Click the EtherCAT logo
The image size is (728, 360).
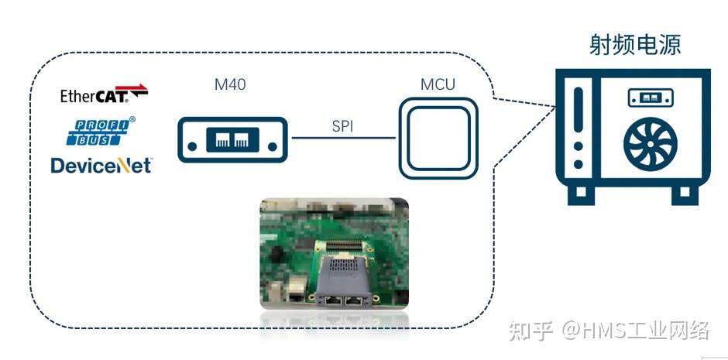coord(104,94)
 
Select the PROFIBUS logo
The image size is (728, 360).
coord(101,131)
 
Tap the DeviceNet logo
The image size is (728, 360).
coord(101,166)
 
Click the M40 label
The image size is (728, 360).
coord(230,84)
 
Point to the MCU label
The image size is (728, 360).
coord(438,84)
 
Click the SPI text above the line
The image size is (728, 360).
coord(342,126)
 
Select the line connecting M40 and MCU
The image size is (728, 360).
coord(344,138)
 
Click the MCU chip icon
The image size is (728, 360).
coord(438,139)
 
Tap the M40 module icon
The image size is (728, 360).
coord(232,139)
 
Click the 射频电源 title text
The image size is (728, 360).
coord(635,45)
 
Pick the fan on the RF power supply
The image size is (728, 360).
coord(650,142)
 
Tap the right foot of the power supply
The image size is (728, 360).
coord(685,195)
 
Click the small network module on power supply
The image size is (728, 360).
coord(651,98)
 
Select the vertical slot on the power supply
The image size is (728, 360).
coord(578,110)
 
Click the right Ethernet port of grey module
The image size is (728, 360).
coord(355,300)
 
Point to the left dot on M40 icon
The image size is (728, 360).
coord(192,146)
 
